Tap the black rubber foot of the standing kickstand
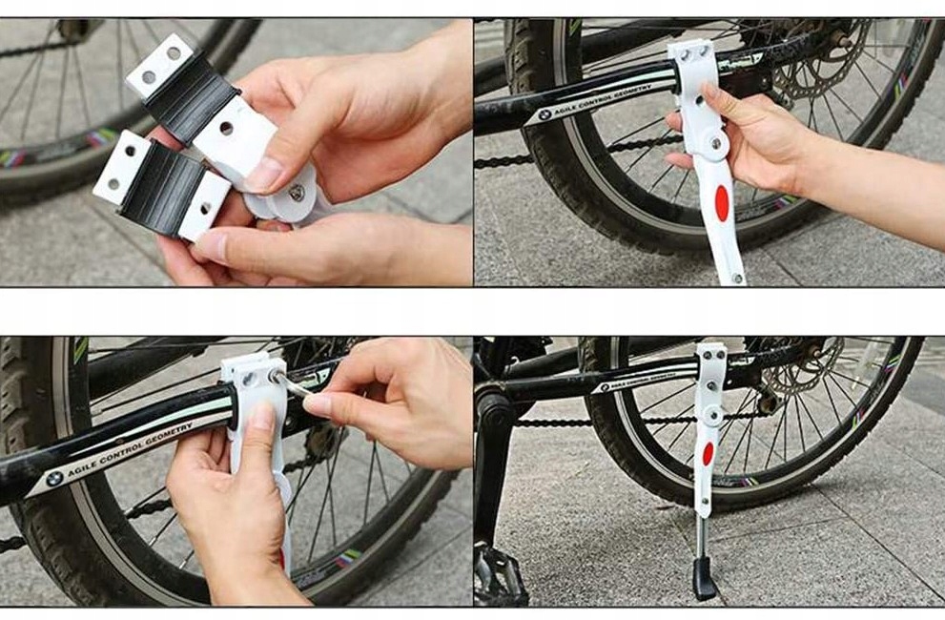point(704,578)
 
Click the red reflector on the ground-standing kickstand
point(708,453)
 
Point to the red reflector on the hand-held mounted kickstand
point(722,203)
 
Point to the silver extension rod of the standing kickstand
point(702,535)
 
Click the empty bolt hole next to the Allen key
point(249,380)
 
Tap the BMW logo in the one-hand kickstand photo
point(544,114)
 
